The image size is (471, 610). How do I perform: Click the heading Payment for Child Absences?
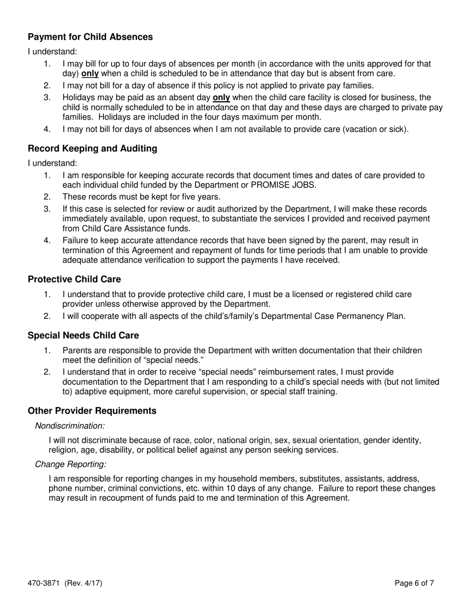pyautogui.click(x=90, y=37)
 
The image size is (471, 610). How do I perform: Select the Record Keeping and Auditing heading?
pyautogui.click(x=92, y=148)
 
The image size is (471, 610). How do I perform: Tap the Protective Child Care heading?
pyautogui.click(x=74, y=279)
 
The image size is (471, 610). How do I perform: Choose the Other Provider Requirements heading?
pyautogui.click(x=92, y=411)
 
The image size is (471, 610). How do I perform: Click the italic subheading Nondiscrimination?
pyautogui.click(x=70, y=426)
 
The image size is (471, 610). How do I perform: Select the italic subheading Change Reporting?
pyautogui.click(x=70, y=464)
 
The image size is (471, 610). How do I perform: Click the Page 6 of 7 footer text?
pyautogui.click(x=414, y=583)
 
